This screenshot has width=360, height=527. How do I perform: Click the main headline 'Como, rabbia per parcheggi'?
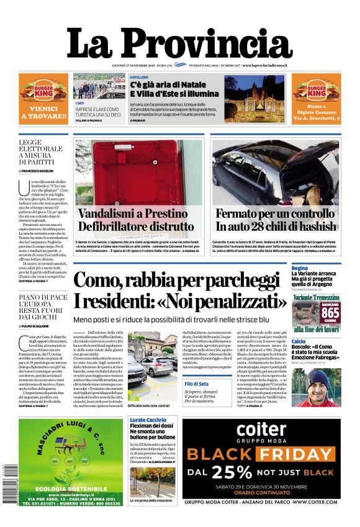[x=179, y=291]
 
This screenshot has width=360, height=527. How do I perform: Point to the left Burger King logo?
[x=43, y=92]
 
